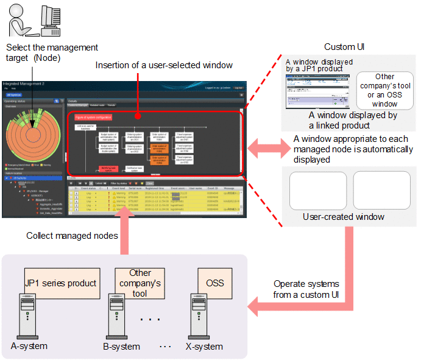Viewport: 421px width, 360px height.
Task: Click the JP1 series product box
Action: coord(61,283)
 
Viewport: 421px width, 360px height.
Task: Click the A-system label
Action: coord(29,346)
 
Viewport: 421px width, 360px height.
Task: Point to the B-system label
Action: coord(122,346)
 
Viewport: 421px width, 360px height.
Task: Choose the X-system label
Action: coord(203,346)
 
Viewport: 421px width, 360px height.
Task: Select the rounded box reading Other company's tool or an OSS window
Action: coord(384,90)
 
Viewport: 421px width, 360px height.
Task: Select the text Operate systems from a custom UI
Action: coord(305,289)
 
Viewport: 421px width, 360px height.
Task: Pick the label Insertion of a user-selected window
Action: coord(164,65)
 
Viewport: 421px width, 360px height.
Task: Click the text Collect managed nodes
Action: coord(72,235)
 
